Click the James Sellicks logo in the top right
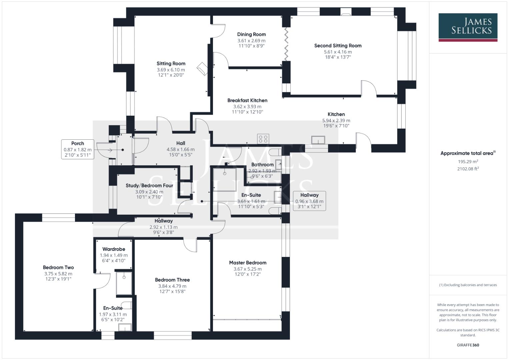click(x=468, y=27)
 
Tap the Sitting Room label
click(x=171, y=64)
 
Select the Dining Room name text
click(x=251, y=34)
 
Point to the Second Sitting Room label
click(x=338, y=46)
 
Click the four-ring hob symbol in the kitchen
click(x=263, y=139)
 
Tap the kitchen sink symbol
click(x=318, y=140)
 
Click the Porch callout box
click(x=77, y=149)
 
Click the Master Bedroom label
click(x=248, y=263)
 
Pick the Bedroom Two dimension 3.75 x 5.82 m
click(x=58, y=274)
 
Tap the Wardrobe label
click(x=114, y=249)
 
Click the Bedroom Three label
click(x=172, y=280)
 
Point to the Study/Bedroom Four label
click(x=149, y=186)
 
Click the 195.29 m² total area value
click(x=468, y=162)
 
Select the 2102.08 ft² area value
click(x=468, y=169)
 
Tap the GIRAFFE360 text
click(x=468, y=345)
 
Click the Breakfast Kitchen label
click(x=247, y=100)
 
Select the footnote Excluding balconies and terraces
click(x=468, y=285)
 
